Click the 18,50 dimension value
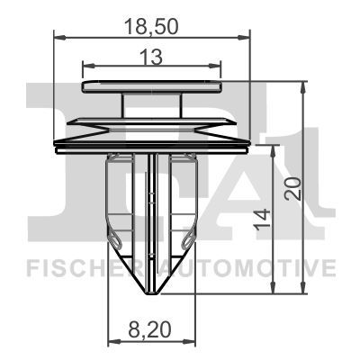(x=151, y=26)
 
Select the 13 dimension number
(x=151, y=57)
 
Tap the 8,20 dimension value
(x=150, y=329)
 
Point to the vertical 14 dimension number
(x=263, y=220)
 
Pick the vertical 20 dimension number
(x=292, y=189)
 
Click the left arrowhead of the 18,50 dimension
(x=59, y=38)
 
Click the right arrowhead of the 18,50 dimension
(x=244, y=38)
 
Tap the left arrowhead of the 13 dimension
(x=88, y=66)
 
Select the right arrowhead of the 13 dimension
(x=215, y=66)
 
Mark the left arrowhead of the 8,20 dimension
(x=114, y=341)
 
